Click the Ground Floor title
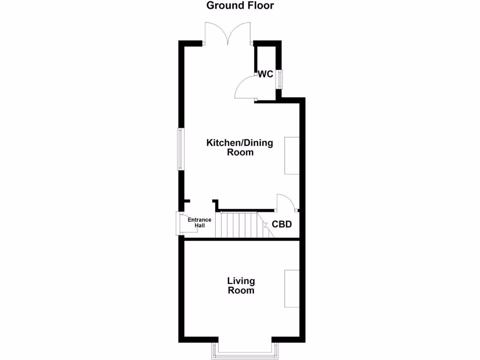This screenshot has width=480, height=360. coord(240,6)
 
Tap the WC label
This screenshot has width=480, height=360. coord(265,74)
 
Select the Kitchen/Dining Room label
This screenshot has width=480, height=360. coord(240,147)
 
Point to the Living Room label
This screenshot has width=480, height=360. coord(241,285)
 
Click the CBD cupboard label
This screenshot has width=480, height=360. coord(282,225)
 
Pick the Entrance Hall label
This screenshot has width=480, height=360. coord(199,223)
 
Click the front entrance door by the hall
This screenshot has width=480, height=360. coord(179,223)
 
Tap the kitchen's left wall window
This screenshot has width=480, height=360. coord(180,149)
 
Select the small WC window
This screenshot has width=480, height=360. coord(279,79)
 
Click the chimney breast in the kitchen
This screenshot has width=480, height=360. coord(292,156)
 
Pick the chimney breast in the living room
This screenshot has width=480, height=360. coord(292,288)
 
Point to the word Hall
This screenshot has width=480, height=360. coord(199,225)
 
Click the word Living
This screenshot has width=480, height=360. coord(241,281)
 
